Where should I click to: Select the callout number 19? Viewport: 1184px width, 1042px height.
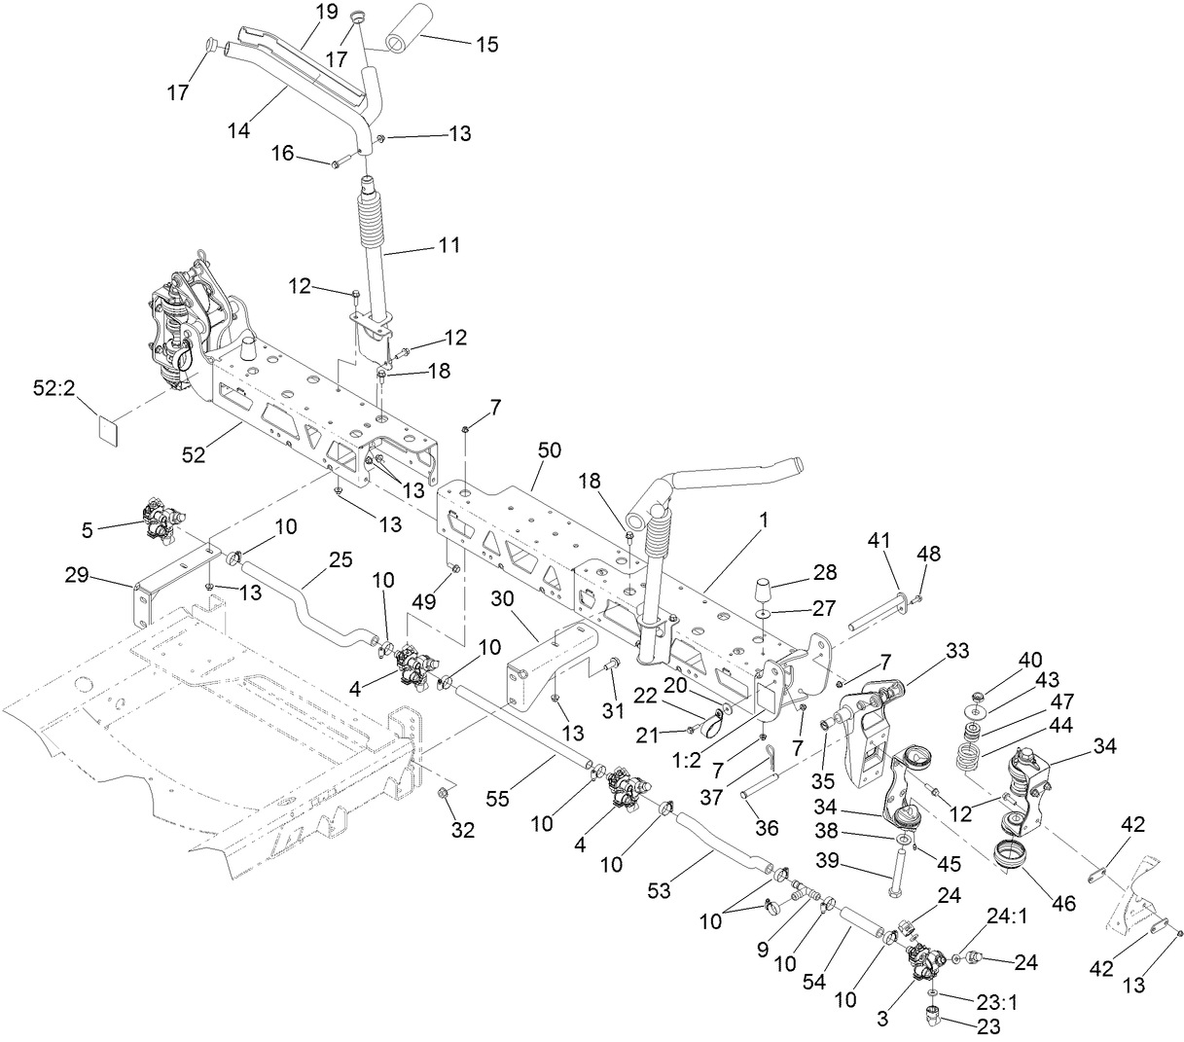(326, 12)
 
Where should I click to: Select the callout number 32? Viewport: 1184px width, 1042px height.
(463, 829)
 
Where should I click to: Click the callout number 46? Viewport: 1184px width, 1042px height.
(1064, 902)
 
